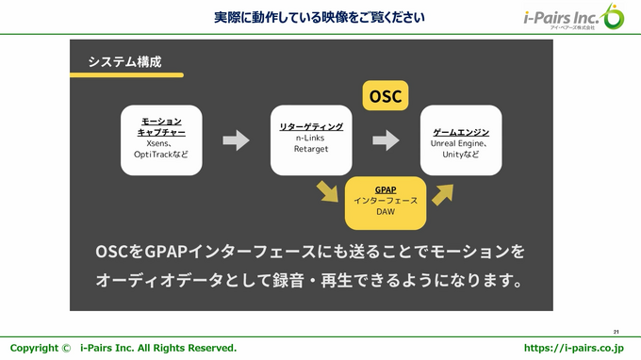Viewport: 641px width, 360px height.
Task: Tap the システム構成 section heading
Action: point(124,61)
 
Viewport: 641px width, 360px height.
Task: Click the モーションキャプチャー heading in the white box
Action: point(161,127)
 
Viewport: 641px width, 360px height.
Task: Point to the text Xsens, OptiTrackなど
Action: point(161,149)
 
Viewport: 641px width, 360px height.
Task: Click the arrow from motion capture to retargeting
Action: point(236,140)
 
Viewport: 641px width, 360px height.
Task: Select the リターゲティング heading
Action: point(310,126)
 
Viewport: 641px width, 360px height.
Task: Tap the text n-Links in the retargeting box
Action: point(310,138)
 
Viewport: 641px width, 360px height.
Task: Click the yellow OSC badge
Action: point(385,96)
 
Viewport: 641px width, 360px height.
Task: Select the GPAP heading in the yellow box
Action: point(385,189)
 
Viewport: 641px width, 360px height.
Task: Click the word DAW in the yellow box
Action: point(385,212)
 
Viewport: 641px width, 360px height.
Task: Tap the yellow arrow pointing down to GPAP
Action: point(327,191)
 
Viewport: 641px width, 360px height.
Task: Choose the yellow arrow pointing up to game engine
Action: point(442,191)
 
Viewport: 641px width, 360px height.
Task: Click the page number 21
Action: point(616,332)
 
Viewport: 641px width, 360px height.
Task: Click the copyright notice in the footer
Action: point(123,348)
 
